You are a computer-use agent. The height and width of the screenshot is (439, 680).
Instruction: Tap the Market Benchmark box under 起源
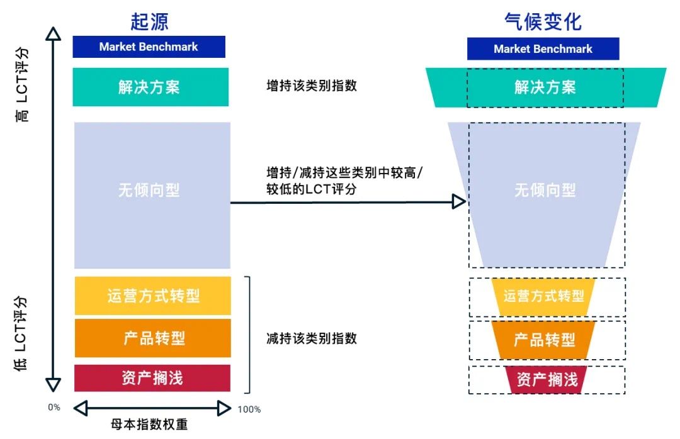coord(149,47)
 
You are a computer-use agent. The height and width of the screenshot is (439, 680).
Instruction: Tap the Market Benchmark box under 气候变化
coord(543,49)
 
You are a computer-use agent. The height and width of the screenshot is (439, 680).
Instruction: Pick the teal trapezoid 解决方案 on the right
coord(545,87)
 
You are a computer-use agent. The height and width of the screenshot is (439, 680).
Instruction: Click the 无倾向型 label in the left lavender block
coord(149,190)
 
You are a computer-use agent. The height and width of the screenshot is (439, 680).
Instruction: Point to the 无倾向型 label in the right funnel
coord(545,190)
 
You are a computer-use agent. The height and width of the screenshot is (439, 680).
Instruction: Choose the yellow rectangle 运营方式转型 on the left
coord(153,296)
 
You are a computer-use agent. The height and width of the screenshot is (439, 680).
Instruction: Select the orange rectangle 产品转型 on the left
coord(153,338)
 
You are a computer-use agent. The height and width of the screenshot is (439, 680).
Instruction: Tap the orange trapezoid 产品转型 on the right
coord(544,340)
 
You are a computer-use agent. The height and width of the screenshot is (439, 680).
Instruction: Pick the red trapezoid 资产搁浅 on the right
coord(547,379)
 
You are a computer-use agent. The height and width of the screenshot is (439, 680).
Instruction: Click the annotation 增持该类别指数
coord(312,86)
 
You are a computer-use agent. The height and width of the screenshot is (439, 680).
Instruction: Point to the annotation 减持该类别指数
coord(312,338)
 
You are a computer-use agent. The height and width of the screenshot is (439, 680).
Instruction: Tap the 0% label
coord(54,407)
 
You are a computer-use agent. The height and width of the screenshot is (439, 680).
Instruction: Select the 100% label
coord(249,409)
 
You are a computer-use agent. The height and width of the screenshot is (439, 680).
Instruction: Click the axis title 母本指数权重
coord(149,425)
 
